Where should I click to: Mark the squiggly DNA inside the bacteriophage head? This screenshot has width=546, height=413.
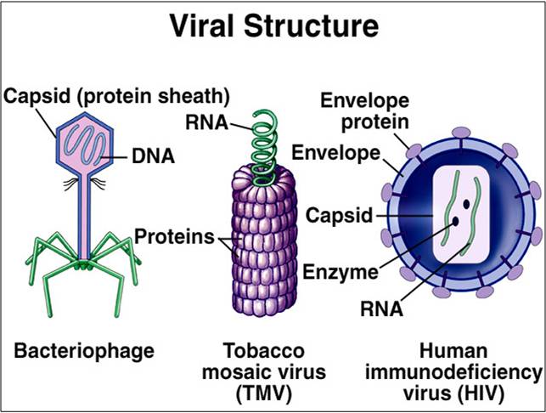87,139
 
